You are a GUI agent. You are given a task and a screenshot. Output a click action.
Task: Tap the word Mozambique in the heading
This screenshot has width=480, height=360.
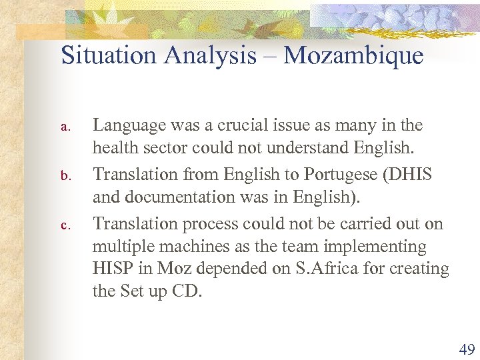click(353, 55)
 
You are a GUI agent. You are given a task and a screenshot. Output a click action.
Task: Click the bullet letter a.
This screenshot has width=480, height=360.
click(65, 127)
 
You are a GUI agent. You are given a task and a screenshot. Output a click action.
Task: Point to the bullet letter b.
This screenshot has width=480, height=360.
click(65, 176)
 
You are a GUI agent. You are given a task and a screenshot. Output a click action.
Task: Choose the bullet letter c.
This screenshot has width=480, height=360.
click(65, 225)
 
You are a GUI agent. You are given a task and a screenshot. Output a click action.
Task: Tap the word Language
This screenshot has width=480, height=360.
click(129, 125)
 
